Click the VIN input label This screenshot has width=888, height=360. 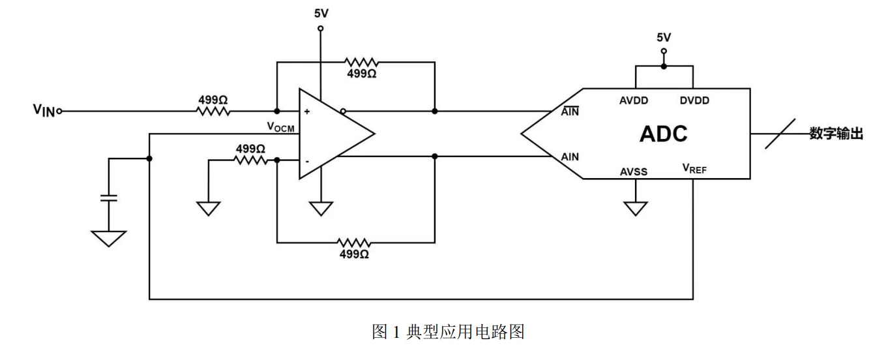point(44,111)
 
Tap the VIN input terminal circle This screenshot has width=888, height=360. point(59,111)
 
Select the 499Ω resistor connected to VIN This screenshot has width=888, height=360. point(213,111)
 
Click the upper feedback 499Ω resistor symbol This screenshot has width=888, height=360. point(361,62)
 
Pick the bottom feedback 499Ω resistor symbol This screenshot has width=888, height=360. point(355,242)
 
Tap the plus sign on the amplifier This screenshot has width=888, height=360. point(306,112)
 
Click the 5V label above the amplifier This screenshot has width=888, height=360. point(321,12)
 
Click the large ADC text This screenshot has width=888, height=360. point(664,134)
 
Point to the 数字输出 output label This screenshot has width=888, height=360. point(836,134)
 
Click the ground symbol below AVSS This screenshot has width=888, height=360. point(635,208)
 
